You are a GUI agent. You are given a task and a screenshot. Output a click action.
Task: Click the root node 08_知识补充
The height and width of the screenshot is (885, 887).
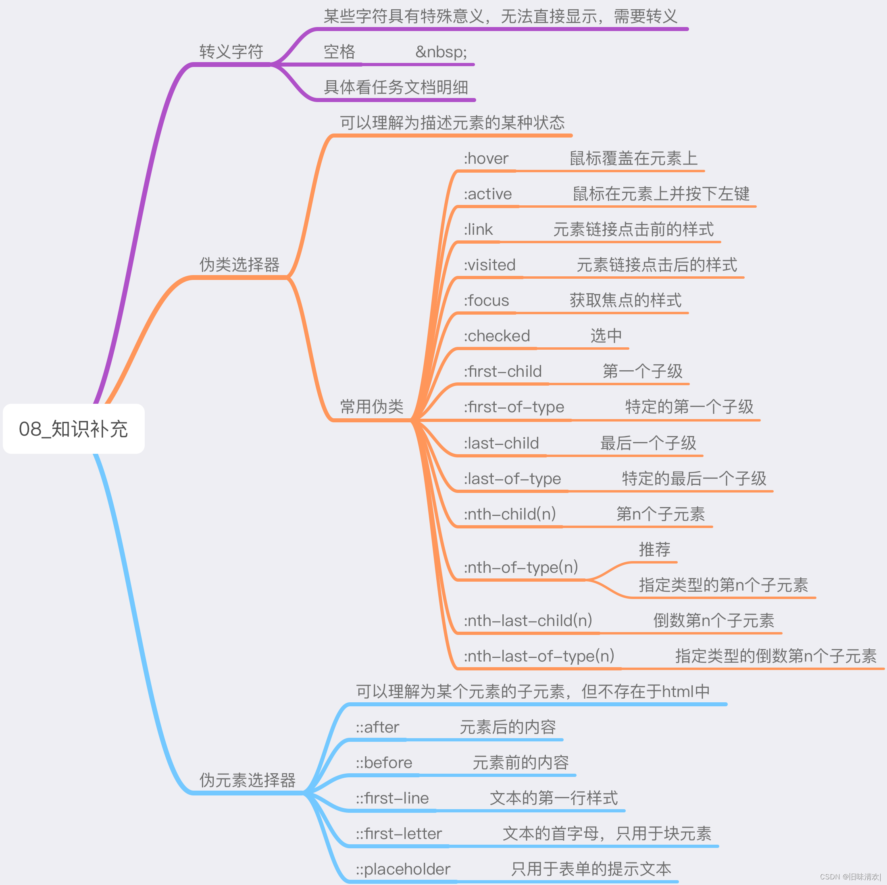pyautogui.click(x=73, y=429)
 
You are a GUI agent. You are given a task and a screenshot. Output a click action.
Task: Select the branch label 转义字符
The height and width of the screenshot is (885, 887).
pyautogui.click(x=231, y=52)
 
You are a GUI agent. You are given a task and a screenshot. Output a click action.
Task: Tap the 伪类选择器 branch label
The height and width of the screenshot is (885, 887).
pyautogui.click(x=239, y=265)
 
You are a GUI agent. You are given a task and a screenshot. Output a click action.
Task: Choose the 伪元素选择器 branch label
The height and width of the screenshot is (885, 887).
pyautogui.click(x=247, y=780)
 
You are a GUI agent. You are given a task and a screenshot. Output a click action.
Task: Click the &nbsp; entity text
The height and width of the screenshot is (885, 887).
pyautogui.click(x=441, y=52)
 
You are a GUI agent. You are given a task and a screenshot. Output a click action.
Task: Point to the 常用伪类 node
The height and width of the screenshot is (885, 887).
pyautogui.click(x=371, y=407)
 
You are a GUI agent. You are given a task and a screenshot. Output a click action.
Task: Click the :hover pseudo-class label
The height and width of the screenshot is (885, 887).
pyautogui.click(x=486, y=159)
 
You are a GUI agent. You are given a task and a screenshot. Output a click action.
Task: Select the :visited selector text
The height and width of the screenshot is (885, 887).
pyautogui.click(x=489, y=265)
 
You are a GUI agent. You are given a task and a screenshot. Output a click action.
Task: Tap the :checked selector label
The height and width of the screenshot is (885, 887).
pyautogui.click(x=496, y=336)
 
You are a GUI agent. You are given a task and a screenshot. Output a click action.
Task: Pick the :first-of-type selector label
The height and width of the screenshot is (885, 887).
pyautogui.click(x=513, y=407)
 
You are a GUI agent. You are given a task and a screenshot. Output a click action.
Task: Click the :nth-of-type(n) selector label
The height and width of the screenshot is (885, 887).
pyautogui.click(x=520, y=567)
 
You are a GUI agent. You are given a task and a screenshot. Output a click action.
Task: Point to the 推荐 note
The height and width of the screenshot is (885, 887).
pyautogui.click(x=654, y=549)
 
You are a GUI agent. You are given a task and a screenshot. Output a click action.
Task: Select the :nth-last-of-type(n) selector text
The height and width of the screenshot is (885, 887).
pyautogui.click(x=539, y=656)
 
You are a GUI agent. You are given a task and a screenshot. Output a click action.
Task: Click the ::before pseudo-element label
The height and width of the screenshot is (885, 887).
pyautogui.click(x=384, y=762)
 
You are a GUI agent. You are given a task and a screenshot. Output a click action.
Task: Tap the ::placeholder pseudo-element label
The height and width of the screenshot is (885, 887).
pyautogui.click(x=403, y=869)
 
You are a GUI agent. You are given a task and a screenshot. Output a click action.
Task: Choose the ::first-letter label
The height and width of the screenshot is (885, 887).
pyautogui.click(x=398, y=833)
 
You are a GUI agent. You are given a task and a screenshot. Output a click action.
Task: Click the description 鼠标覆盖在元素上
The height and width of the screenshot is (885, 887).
pyautogui.click(x=633, y=159)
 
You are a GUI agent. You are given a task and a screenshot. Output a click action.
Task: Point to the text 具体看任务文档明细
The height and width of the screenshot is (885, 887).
pyautogui.click(x=396, y=87)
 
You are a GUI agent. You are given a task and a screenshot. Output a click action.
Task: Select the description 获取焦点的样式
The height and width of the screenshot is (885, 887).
pyautogui.click(x=625, y=301)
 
